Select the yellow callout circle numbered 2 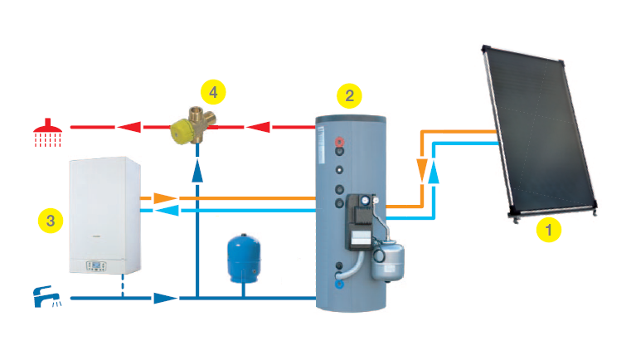tap(349, 95)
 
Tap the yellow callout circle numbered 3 tap(51, 220)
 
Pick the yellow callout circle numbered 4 tap(213, 90)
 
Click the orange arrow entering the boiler tap(164, 198)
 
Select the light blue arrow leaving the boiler tap(168, 212)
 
